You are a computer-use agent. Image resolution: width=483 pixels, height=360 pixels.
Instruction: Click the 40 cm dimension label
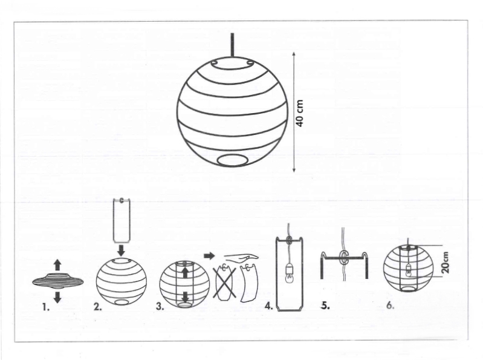[x=300, y=113]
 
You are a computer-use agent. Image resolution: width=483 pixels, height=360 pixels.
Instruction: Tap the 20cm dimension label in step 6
[x=446, y=263]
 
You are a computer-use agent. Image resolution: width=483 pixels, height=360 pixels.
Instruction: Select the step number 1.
[x=46, y=307]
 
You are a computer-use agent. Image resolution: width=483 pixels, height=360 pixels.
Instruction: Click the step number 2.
[x=98, y=307]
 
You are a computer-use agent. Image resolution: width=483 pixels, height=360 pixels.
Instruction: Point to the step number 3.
[x=160, y=306]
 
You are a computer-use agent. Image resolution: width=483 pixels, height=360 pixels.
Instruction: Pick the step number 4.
[x=269, y=306]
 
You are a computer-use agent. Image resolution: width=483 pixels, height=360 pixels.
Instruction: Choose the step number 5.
[x=326, y=306]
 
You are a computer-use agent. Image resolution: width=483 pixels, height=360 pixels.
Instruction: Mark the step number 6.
[x=391, y=306]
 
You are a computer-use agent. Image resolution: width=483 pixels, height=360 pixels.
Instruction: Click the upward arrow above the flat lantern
[x=57, y=265]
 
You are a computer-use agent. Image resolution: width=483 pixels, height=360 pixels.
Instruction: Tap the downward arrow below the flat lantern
[x=57, y=297]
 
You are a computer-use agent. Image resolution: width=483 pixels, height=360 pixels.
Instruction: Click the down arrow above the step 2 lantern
[x=122, y=250]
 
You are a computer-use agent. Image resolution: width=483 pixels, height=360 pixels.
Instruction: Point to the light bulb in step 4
[x=290, y=275]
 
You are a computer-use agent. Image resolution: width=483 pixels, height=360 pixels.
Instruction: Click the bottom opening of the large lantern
[x=233, y=161]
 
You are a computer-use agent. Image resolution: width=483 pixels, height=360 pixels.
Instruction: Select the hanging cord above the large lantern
[x=232, y=45]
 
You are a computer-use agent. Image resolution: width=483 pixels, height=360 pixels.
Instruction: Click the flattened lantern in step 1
[x=57, y=281]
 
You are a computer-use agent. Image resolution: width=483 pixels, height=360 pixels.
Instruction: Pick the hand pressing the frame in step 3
[x=242, y=257]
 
